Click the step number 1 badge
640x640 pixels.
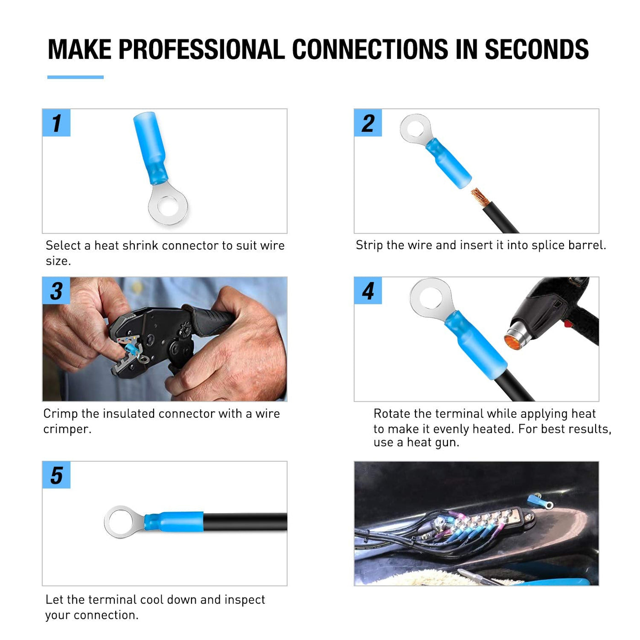tap(56, 123)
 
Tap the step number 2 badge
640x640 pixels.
tap(368, 123)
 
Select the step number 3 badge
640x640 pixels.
tap(56, 291)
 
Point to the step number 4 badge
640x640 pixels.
tap(368, 291)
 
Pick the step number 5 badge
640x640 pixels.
tap(56, 475)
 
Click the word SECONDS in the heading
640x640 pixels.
tap(537, 49)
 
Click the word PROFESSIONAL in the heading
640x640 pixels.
tap(202, 49)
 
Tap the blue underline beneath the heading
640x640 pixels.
tap(75, 77)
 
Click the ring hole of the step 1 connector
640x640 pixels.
tap(168, 206)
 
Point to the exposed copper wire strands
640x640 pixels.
tap(480, 197)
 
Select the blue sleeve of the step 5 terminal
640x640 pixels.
tap(174, 522)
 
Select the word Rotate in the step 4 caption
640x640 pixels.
tap(392, 414)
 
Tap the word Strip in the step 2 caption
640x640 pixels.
tap(369, 245)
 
